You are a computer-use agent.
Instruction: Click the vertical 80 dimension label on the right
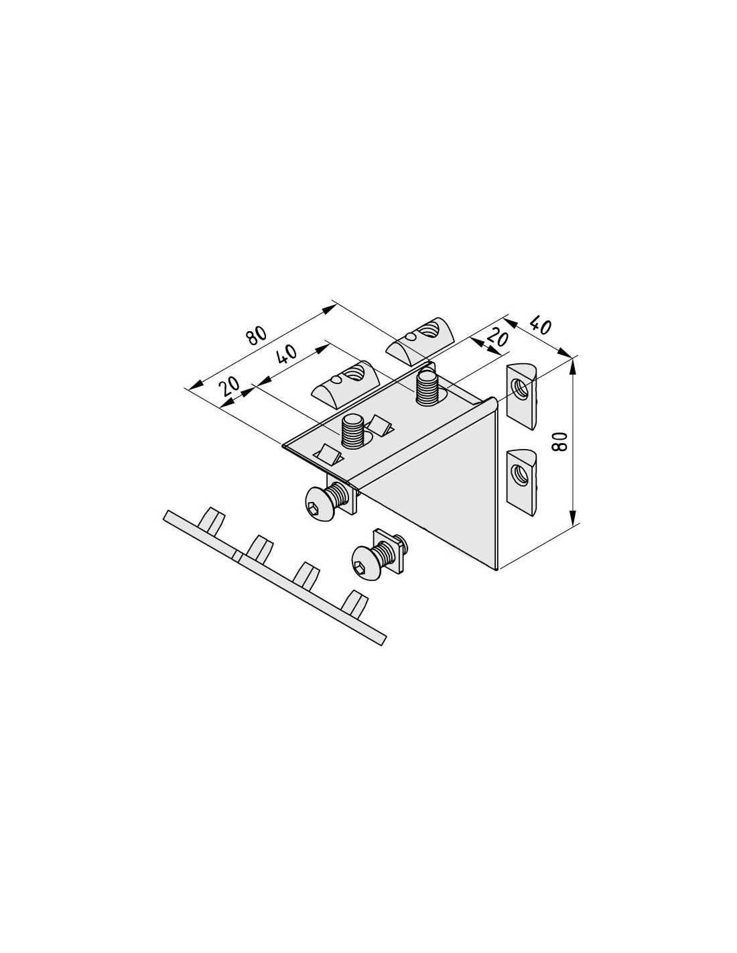pyautogui.click(x=559, y=442)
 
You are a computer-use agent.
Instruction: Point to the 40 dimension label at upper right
pyautogui.click(x=540, y=326)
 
